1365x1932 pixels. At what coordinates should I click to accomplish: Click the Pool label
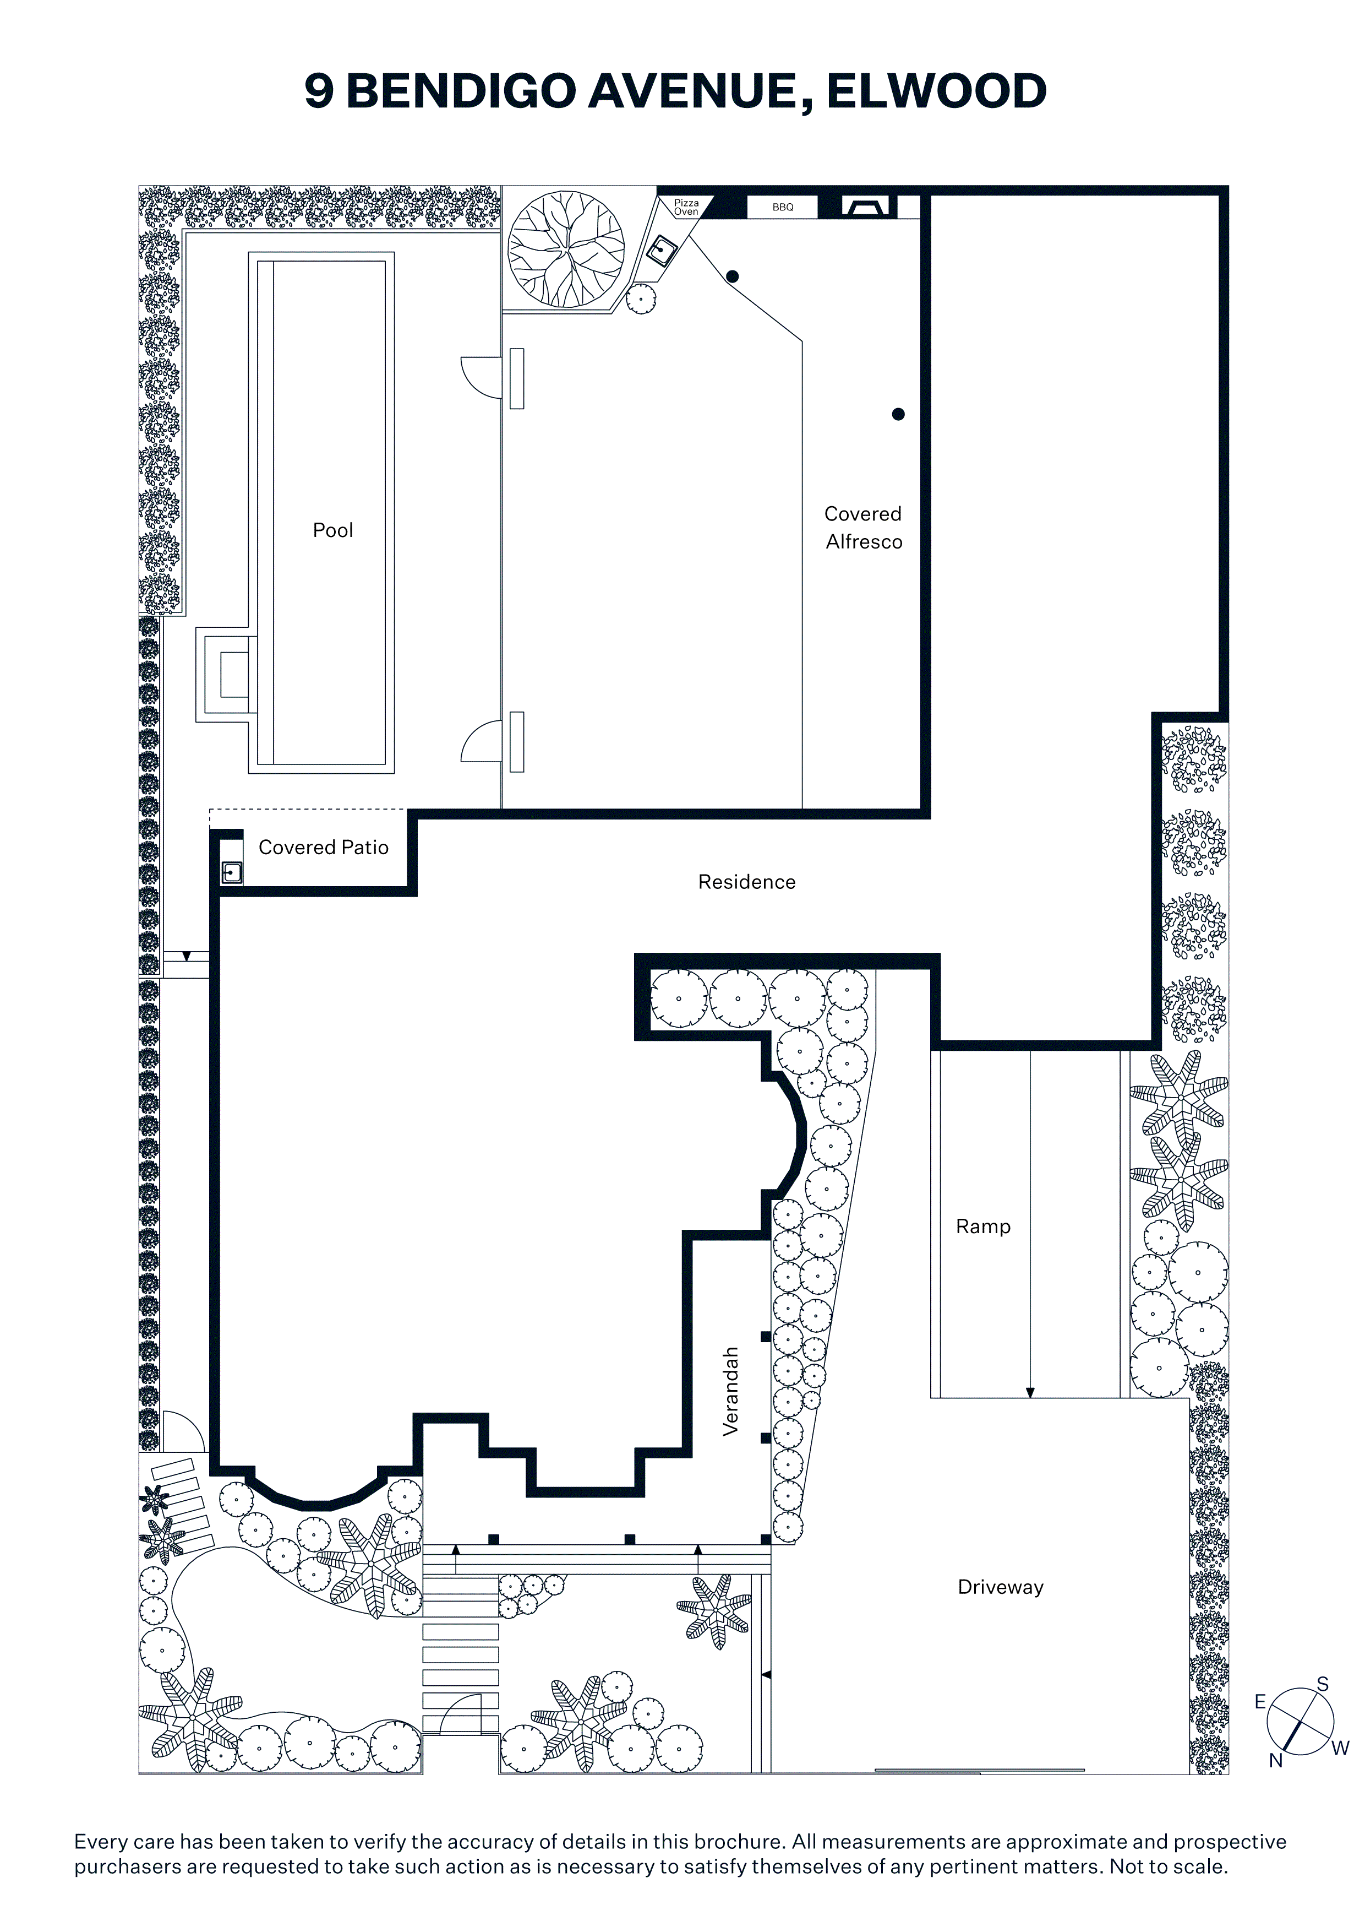(x=333, y=530)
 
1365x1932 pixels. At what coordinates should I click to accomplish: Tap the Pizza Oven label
(x=686, y=207)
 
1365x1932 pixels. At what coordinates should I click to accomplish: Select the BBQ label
(x=783, y=207)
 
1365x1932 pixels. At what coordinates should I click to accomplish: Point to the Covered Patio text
(x=324, y=848)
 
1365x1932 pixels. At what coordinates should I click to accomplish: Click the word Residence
(x=747, y=882)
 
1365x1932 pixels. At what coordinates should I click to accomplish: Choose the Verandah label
(x=731, y=1391)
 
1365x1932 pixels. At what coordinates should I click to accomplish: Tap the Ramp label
(x=983, y=1227)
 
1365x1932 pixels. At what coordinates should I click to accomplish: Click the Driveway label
(x=1001, y=1587)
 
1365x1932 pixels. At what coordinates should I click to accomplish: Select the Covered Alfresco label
(x=864, y=528)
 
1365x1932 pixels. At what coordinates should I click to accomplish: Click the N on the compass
(x=1275, y=1760)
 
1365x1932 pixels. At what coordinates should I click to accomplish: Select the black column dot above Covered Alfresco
(x=898, y=414)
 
